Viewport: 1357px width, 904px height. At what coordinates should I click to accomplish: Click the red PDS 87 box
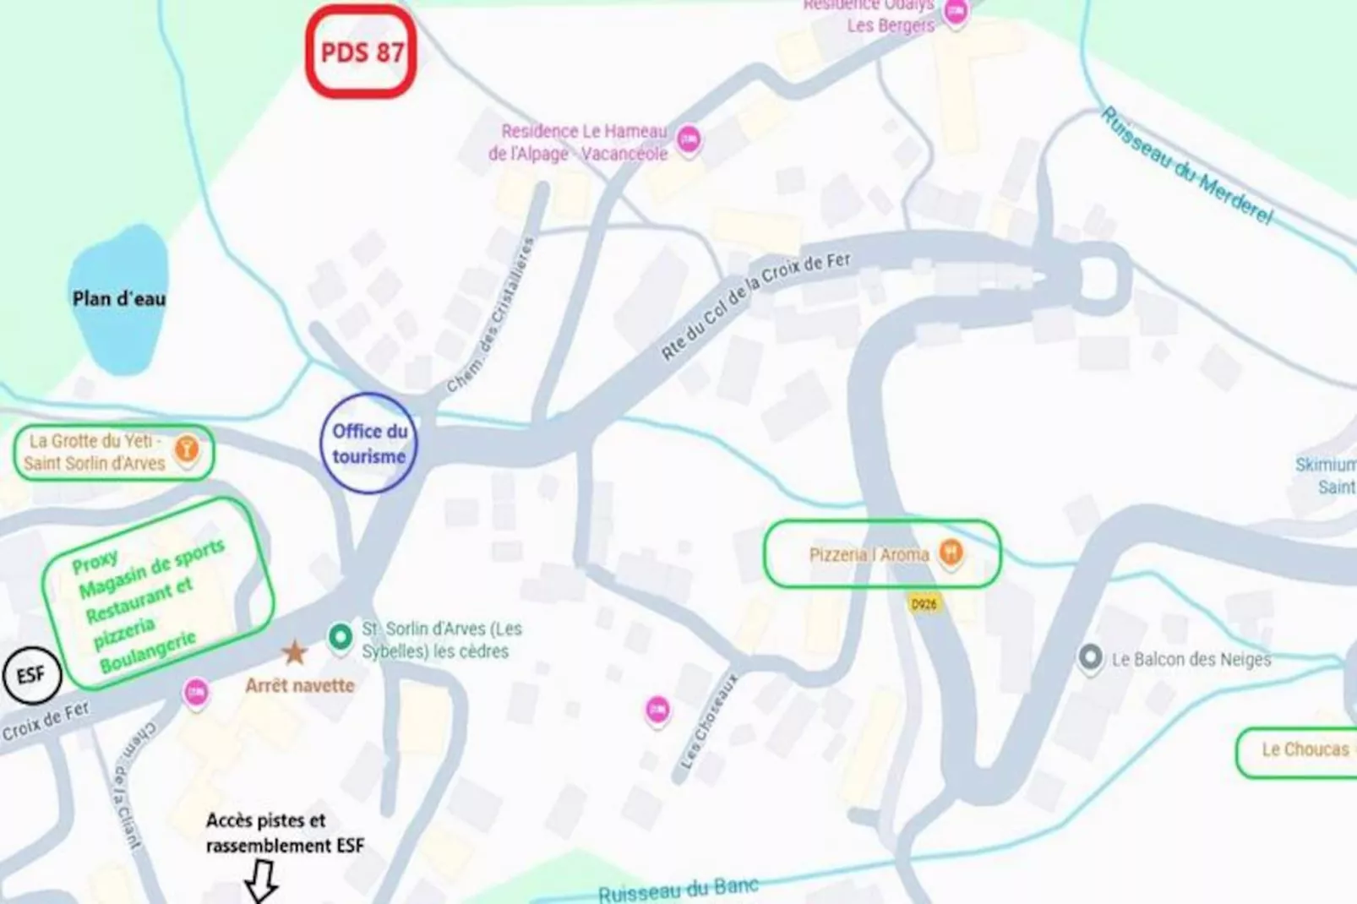[361, 52]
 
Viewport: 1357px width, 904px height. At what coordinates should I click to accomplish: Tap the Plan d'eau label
[118, 298]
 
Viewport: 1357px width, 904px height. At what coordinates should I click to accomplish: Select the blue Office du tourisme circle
[368, 444]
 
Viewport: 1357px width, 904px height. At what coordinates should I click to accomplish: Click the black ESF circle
[30, 675]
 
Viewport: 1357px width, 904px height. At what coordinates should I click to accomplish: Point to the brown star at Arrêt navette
[294, 652]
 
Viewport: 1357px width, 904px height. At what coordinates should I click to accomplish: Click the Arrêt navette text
[300, 685]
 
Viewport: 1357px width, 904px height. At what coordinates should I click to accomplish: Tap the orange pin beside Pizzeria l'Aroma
[951, 553]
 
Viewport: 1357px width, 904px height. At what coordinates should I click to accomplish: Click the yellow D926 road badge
[924, 604]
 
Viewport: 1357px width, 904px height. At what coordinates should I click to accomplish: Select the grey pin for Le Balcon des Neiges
[1090, 657]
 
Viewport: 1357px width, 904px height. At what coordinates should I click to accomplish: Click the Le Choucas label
[1305, 749]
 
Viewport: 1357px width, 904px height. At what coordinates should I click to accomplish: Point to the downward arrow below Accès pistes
[261, 881]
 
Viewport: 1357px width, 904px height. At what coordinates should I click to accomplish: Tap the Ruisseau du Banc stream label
[678, 890]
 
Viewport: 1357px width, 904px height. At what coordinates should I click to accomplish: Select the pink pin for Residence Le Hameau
[689, 139]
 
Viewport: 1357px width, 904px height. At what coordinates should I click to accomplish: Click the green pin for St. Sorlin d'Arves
[341, 636]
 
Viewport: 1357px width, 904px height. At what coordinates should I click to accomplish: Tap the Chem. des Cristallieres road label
[491, 314]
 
